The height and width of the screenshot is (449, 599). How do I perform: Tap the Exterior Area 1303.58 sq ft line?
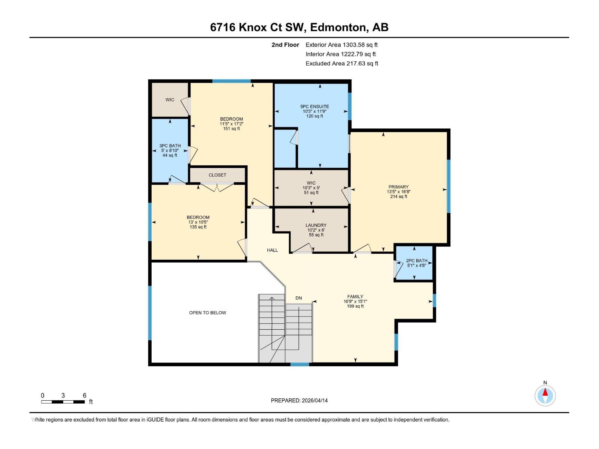pos(341,45)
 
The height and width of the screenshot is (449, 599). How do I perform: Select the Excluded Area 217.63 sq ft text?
pos(341,64)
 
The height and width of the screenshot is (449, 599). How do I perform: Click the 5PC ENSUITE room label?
pos(314,107)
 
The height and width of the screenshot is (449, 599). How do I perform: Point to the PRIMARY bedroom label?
pos(398,187)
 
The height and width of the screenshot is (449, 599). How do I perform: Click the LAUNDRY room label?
pos(316,225)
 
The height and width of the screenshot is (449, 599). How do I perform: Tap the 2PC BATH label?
pos(416,261)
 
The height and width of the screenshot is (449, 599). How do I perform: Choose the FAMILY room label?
pos(355,297)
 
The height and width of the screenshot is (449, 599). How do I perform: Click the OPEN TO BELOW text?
pos(207,313)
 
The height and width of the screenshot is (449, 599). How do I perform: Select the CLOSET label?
pos(218,175)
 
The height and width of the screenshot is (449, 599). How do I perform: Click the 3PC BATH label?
pos(170,146)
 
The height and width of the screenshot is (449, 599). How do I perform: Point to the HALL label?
pos(272,250)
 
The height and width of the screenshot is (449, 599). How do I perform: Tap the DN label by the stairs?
pos(298,298)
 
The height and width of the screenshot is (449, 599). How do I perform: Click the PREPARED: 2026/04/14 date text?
pos(299,400)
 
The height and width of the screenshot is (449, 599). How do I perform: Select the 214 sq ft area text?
pos(398,196)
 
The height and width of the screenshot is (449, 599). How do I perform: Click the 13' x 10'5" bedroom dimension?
pos(198,222)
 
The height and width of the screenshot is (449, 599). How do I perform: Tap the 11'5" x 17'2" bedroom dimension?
pos(231,124)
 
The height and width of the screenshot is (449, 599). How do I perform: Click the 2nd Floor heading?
pos(285,45)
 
